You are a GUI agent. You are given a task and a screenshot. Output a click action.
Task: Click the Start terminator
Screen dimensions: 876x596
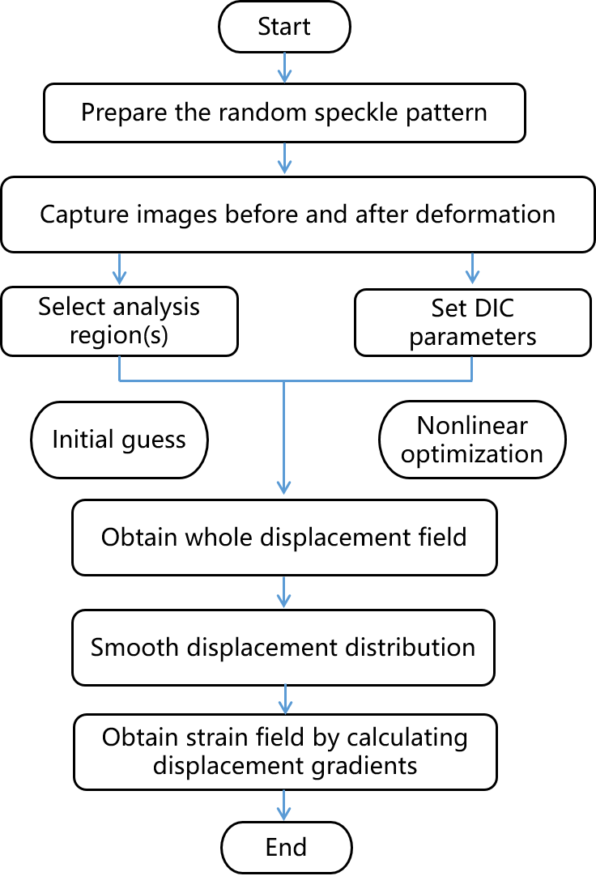284,27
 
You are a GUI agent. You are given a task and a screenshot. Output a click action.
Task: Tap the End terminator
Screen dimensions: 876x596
286,848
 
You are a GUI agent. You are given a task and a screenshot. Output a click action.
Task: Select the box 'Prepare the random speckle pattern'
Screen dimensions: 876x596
284,112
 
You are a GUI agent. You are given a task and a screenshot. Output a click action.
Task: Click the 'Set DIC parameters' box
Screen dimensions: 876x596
472,322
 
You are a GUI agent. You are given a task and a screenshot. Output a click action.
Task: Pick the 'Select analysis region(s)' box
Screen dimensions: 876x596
119,321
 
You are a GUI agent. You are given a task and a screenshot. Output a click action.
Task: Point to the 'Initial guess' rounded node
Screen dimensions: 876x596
119,440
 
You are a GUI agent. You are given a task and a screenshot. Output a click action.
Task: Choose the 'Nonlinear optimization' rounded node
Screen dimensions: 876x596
472,440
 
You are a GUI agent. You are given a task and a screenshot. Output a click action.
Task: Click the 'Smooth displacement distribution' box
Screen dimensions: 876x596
283,648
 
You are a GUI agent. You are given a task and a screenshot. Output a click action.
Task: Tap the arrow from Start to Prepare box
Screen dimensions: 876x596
284,66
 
